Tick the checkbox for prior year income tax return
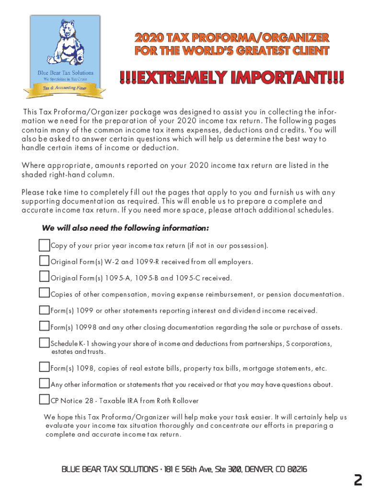(45, 245)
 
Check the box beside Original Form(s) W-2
(45, 262)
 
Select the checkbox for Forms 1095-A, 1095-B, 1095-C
(45, 278)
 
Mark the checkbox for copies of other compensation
(45, 293)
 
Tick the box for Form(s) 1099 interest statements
(45, 310)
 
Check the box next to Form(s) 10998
(45, 327)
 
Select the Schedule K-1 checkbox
(45, 343)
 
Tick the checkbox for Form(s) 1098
(45, 368)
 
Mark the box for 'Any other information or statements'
(45, 384)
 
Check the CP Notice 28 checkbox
(45, 400)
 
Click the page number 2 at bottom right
(357, 480)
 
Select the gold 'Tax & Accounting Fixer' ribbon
(65, 89)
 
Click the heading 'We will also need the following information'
(125, 228)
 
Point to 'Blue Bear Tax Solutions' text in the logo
(65, 72)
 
